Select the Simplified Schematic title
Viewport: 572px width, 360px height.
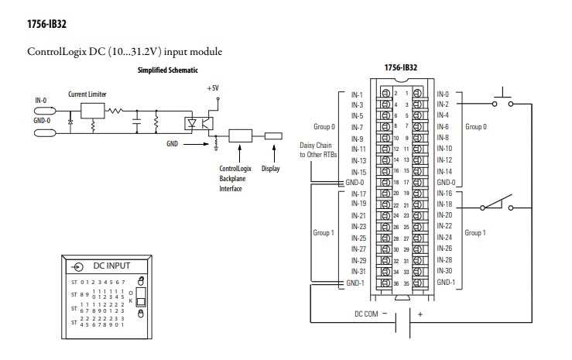[167, 70]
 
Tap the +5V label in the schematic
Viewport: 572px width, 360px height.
[214, 88]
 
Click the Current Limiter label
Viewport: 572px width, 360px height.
[87, 94]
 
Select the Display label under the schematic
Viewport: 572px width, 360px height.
[270, 168]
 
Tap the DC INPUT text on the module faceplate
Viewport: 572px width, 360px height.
[112, 266]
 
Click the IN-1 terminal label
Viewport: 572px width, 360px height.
[357, 94]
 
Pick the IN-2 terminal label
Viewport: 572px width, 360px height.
[443, 105]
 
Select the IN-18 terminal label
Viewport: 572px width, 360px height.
[444, 204]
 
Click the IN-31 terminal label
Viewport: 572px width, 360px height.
[358, 271]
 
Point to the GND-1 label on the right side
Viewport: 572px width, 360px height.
[445, 282]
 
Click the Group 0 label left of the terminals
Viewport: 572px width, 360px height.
[324, 125]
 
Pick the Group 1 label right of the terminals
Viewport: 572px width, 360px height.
[475, 232]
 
